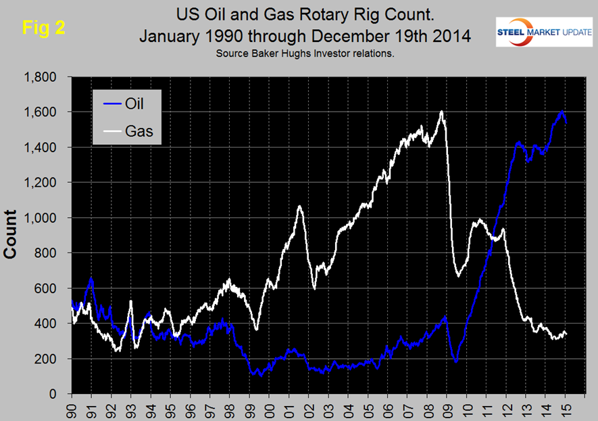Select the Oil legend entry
tap(132, 104)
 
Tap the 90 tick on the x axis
tap(72, 409)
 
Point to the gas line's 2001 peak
tap(299, 206)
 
